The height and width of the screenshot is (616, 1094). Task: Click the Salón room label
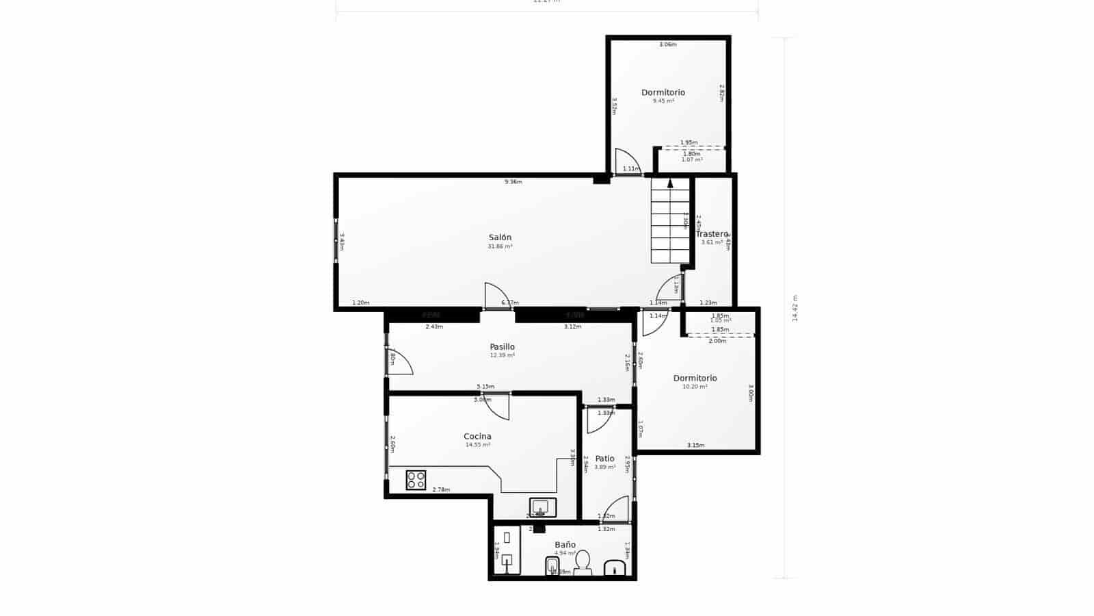click(500, 238)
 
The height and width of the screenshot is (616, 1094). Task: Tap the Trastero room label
click(711, 234)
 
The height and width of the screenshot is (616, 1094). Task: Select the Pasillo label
click(502, 347)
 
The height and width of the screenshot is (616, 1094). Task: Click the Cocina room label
click(477, 436)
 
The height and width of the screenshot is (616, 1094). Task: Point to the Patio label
click(604, 459)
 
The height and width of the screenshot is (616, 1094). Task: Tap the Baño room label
click(565, 545)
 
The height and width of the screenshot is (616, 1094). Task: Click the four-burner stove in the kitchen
click(416, 480)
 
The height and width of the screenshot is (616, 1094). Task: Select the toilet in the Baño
click(583, 561)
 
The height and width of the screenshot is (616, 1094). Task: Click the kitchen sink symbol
click(543, 507)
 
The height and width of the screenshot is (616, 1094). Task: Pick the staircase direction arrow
click(670, 183)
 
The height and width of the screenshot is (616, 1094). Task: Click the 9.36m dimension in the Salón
click(513, 182)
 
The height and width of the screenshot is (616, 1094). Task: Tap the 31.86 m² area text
click(500, 246)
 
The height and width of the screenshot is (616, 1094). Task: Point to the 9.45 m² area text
click(663, 101)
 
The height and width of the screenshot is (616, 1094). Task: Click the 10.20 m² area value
click(695, 387)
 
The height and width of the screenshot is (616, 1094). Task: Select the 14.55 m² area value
click(477, 445)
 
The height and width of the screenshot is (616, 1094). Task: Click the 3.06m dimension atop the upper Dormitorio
click(667, 44)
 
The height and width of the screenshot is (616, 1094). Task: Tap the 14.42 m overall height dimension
click(795, 308)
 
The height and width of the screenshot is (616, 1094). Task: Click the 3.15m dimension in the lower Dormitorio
click(695, 446)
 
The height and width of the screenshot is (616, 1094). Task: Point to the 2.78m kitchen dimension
click(441, 489)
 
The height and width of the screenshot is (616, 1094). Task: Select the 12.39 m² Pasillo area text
click(502, 356)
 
